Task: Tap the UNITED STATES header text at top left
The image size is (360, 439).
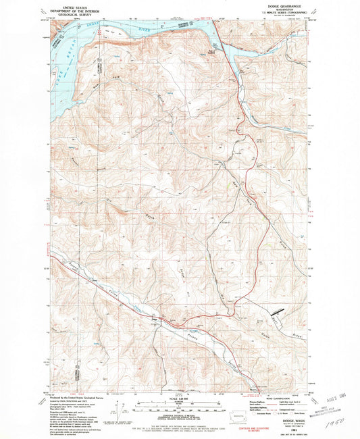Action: (x=76, y=6)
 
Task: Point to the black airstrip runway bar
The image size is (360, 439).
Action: (x=276, y=313)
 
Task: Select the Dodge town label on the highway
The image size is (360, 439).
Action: (x=156, y=317)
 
